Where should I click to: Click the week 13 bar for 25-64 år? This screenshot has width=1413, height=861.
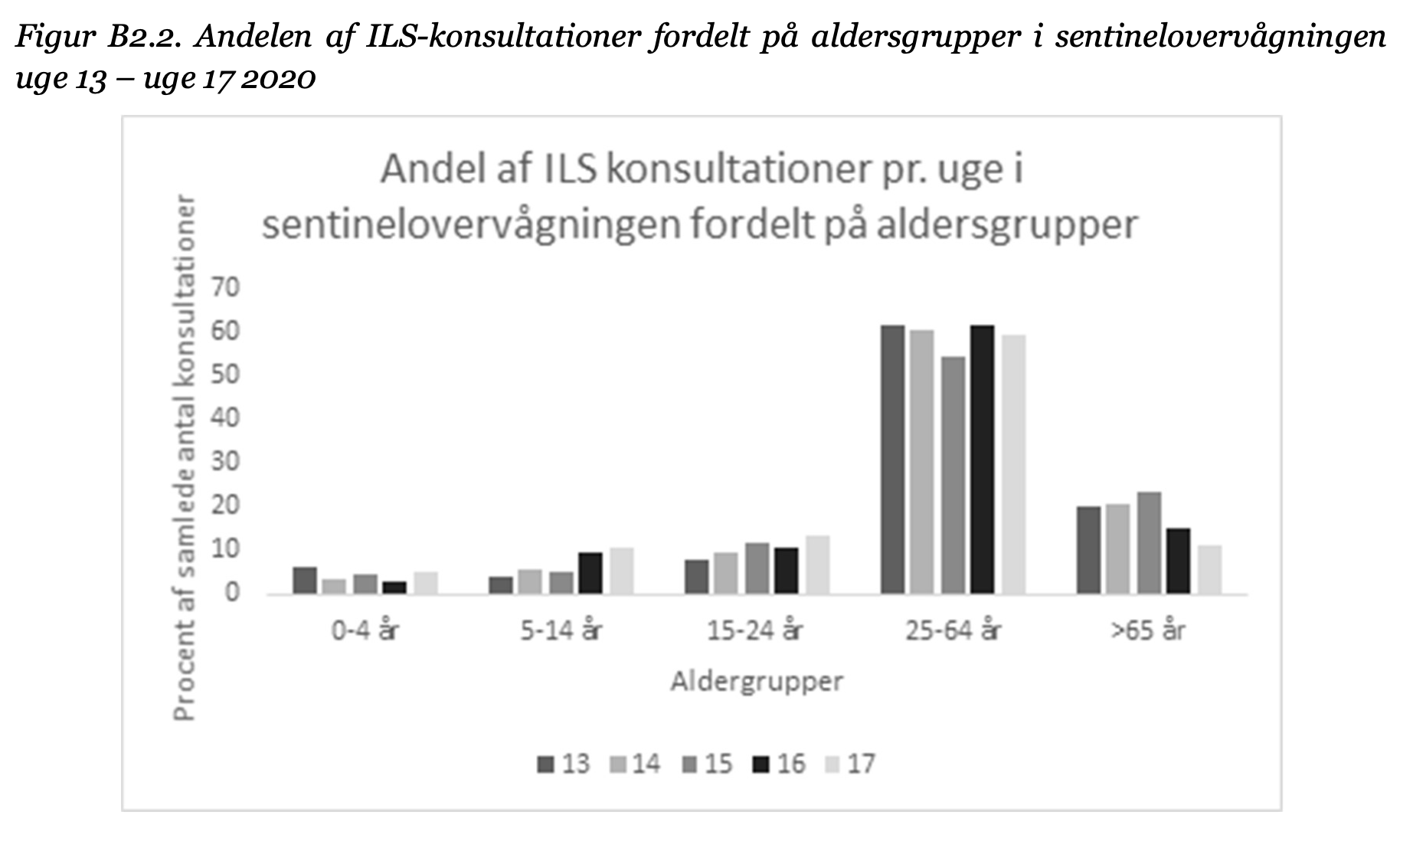point(892,460)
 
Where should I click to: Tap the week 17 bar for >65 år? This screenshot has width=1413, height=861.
point(1209,569)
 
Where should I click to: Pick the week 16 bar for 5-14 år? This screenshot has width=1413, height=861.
point(590,573)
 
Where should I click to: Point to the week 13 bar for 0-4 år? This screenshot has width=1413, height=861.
point(305,581)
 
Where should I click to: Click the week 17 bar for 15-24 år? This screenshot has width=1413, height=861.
point(818,565)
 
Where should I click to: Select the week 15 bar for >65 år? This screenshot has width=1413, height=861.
point(1149,542)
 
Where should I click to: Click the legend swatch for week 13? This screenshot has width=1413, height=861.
point(545,764)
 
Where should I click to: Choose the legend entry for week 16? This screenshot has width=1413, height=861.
point(779,764)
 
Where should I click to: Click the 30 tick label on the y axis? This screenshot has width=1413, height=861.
point(227,462)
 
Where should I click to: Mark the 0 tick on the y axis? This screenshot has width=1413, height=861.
point(232,593)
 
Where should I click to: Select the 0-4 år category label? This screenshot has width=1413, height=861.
point(365,631)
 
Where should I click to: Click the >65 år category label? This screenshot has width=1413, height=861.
point(1148,631)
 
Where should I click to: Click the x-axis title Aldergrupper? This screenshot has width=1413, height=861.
point(757,681)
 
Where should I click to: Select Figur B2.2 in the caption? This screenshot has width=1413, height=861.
point(96,37)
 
